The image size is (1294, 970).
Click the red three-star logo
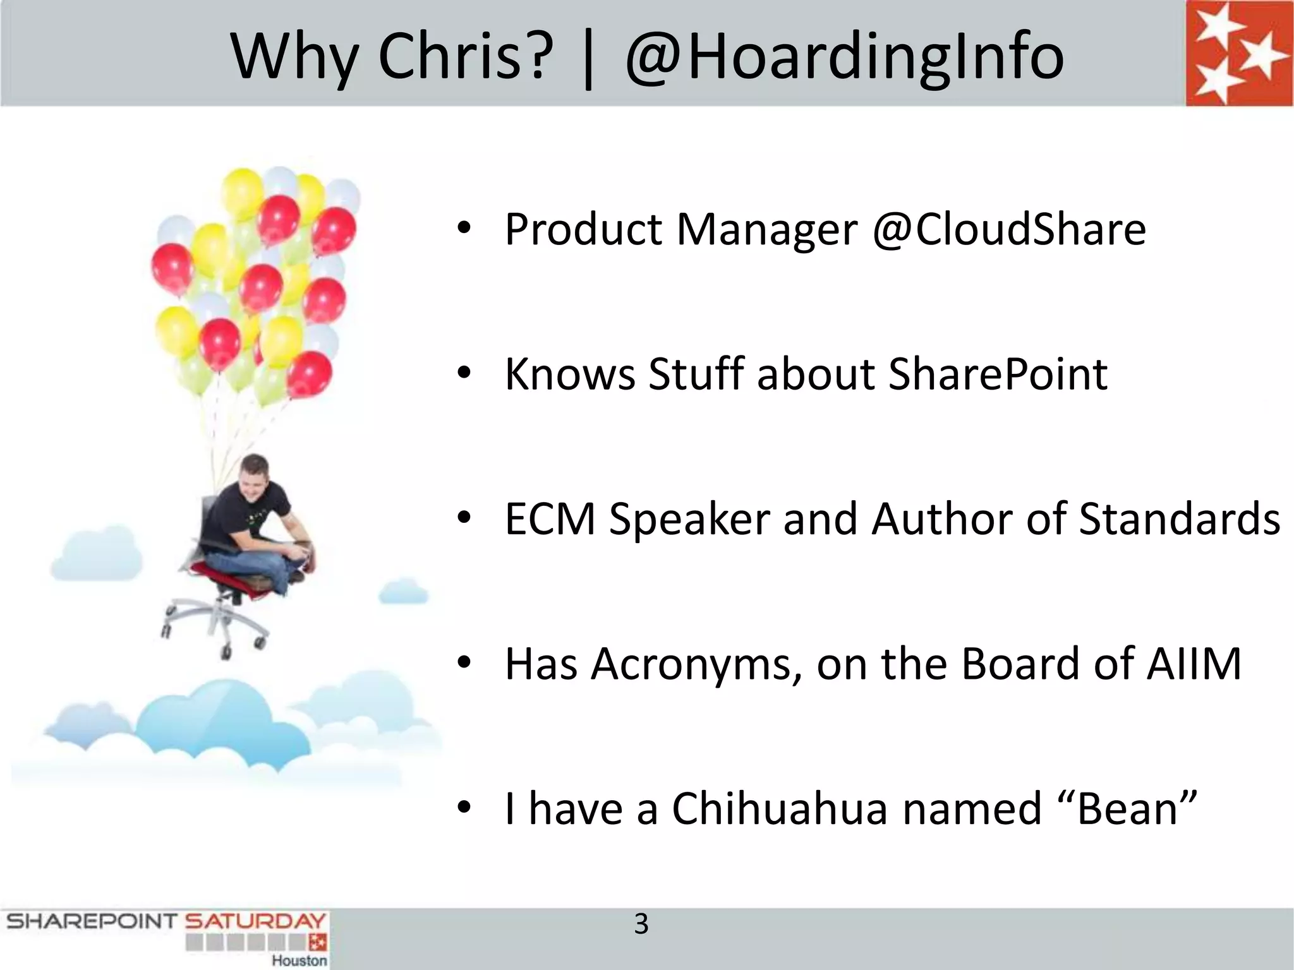point(1238,53)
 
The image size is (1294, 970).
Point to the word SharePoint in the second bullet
point(998,374)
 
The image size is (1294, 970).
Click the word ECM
point(550,519)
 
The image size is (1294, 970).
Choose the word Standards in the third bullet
point(1179,519)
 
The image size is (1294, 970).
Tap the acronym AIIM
point(1194,664)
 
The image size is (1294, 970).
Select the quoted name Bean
point(1128,809)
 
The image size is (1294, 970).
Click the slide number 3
point(641,925)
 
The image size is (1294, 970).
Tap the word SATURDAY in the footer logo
point(255,921)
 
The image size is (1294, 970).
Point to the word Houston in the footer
point(299,961)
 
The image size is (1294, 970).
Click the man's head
point(256,477)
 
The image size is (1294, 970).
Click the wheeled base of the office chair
point(215,622)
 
